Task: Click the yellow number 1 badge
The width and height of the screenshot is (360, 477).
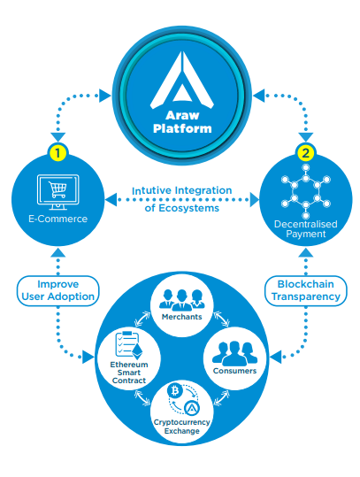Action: click(57, 153)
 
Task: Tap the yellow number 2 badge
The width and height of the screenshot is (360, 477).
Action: click(305, 153)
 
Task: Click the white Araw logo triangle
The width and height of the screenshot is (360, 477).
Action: click(182, 80)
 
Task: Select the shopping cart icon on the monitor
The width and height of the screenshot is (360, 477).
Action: click(57, 189)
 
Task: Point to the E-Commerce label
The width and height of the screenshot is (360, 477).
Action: click(57, 219)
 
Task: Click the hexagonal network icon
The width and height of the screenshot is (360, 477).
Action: click(305, 191)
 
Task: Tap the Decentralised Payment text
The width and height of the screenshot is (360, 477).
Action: click(305, 229)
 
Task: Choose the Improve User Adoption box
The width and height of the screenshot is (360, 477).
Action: click(57, 290)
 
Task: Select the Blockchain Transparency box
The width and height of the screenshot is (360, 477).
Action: click(305, 290)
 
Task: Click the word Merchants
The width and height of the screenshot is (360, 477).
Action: click(182, 317)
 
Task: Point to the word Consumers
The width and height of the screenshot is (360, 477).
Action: click(234, 371)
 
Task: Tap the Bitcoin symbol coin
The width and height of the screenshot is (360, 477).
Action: click(175, 390)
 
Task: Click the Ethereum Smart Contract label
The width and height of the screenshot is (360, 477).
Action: click(129, 373)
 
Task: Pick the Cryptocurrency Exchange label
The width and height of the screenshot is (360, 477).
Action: click(182, 427)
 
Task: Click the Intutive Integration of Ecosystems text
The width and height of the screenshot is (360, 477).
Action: click(182, 199)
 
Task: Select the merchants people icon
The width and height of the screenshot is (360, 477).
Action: click(182, 300)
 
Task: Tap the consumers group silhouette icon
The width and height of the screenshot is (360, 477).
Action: click(234, 353)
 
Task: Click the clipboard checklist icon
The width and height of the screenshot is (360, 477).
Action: click(128, 345)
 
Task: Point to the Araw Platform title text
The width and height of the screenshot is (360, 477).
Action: click(182, 122)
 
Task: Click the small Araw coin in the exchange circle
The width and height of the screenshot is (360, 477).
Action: click(192, 409)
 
